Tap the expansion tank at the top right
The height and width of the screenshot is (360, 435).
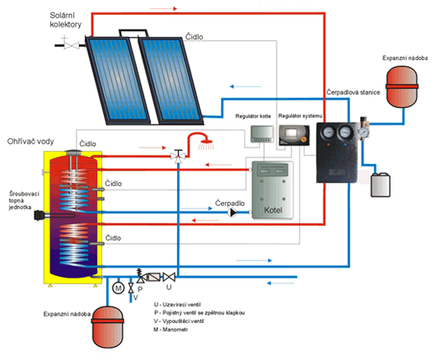pyautogui.click(x=402, y=86)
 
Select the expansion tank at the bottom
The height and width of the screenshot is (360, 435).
pyautogui.click(x=107, y=327)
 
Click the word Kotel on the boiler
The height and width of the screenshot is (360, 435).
pyautogui.click(x=273, y=210)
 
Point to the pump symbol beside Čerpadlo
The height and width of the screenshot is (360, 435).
pyautogui.click(x=232, y=213)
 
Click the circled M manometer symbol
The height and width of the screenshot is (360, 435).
pyautogui.click(x=118, y=288)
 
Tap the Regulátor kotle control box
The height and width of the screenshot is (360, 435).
pyautogui.click(x=262, y=134)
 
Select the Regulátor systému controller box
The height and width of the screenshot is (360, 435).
pyautogui.click(x=294, y=135)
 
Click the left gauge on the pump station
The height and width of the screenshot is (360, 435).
pyautogui.click(x=328, y=132)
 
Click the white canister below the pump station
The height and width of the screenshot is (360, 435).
pyautogui.click(x=381, y=185)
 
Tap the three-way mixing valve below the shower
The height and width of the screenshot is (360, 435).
pyautogui.click(x=178, y=156)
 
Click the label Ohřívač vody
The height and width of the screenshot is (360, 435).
pyautogui.click(x=30, y=142)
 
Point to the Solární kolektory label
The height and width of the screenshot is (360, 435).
pyautogui.click(x=65, y=20)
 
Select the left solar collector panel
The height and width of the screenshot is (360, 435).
pyautogui.click(x=118, y=81)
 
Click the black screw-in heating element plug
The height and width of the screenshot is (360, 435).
pyautogui.click(x=40, y=216)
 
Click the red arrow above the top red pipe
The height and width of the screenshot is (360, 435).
pyautogui.click(x=163, y=9)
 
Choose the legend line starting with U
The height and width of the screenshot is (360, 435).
pyautogui.click(x=177, y=305)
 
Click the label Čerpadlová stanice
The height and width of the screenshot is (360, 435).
pyautogui.click(x=353, y=92)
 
